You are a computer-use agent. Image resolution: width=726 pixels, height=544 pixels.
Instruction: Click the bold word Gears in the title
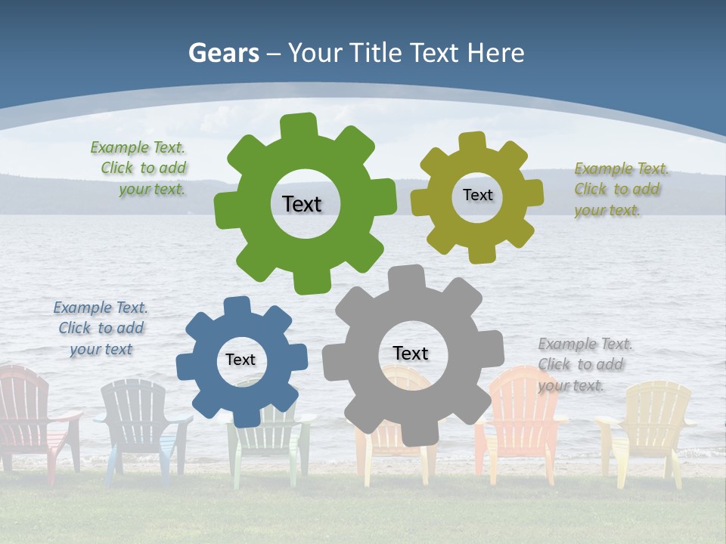pyautogui.click(x=223, y=53)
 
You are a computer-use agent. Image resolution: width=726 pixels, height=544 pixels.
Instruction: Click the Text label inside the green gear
pyautogui.click(x=302, y=204)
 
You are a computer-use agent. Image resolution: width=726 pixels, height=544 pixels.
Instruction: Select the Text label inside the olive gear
pyautogui.click(x=477, y=195)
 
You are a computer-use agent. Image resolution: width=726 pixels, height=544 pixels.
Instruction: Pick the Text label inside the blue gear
pyautogui.click(x=240, y=360)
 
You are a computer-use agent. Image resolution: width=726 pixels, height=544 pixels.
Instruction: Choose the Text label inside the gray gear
pyautogui.click(x=411, y=353)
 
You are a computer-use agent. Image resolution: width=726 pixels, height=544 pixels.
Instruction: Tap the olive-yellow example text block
pyautogui.click(x=619, y=189)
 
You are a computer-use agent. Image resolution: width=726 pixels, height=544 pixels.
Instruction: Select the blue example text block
pyautogui.click(x=101, y=328)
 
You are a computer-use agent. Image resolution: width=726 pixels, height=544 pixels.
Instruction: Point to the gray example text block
pyautogui.click(x=583, y=364)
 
